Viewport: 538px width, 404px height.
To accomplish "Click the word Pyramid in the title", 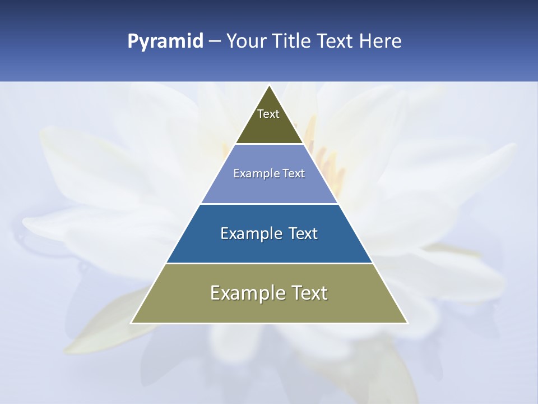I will [x=165, y=42].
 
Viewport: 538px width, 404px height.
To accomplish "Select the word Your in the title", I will [x=247, y=42].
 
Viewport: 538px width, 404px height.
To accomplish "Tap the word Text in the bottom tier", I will [x=309, y=293].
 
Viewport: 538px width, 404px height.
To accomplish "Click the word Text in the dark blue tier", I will [x=303, y=233].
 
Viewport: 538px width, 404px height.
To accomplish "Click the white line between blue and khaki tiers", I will [x=269, y=263].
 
